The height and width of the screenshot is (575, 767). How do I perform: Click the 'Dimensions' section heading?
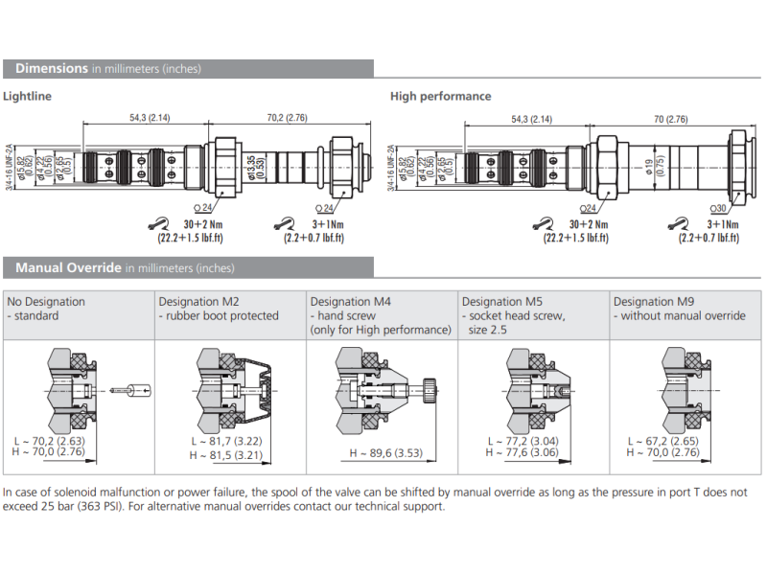[52, 68]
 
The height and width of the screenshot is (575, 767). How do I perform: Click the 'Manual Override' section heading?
[68, 267]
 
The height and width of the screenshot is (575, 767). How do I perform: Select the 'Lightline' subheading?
[27, 96]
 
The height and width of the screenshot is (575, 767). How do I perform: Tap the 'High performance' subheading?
[440, 96]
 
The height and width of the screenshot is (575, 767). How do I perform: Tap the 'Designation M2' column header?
[198, 301]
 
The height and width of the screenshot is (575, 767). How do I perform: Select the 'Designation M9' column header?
[654, 301]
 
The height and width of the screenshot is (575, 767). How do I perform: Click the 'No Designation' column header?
[46, 301]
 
